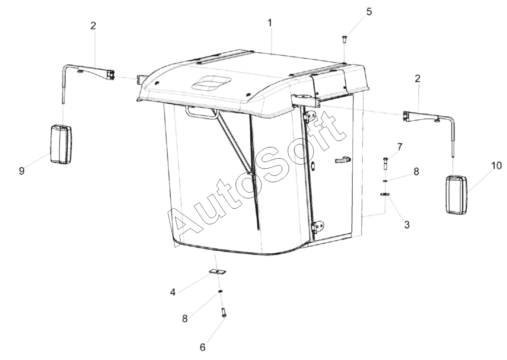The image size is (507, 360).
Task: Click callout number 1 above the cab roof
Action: (270, 23)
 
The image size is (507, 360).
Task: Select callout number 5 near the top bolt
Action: (369, 12)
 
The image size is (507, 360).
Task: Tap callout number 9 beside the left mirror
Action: (22, 171)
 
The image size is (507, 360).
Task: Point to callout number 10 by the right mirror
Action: (496, 166)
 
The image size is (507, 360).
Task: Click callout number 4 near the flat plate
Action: (172, 292)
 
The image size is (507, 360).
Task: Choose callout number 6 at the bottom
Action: (202, 347)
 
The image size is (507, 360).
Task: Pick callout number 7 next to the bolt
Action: (400, 147)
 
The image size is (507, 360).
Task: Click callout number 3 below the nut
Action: (407, 225)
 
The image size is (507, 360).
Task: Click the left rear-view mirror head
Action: (61, 144)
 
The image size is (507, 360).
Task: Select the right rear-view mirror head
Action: (456, 194)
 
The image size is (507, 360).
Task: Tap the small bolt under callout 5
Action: (344, 41)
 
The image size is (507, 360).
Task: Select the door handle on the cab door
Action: (343, 159)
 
